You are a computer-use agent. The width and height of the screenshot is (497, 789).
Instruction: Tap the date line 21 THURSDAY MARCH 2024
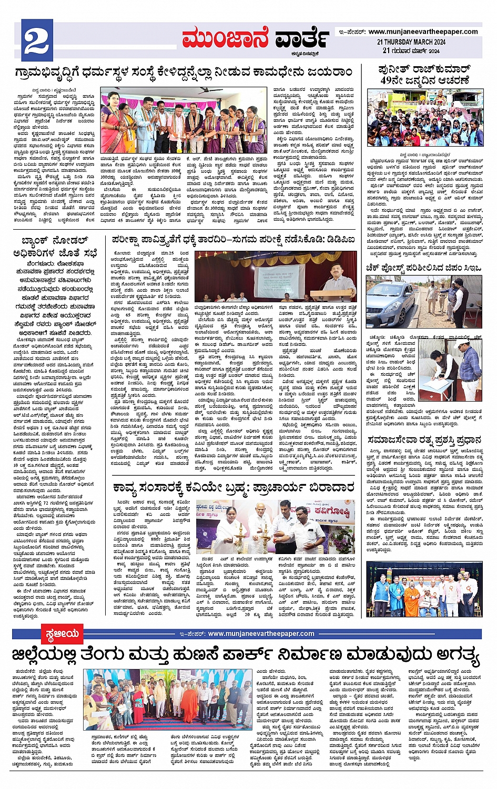[411, 42]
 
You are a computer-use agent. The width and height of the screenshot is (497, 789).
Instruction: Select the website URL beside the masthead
[423, 32]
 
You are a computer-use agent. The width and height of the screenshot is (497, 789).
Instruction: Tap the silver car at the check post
[390, 304]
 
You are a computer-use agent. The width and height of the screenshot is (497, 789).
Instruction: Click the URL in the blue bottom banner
[261, 634]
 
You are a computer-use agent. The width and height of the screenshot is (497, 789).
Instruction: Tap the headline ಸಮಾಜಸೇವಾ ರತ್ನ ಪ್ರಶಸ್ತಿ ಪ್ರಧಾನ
[424, 439]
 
